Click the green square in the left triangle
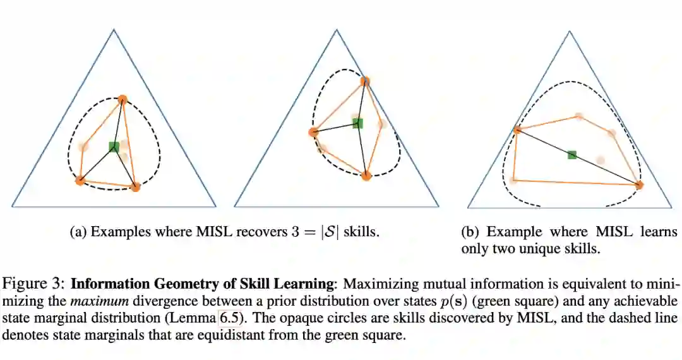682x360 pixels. pyautogui.click(x=114, y=147)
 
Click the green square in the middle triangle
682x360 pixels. pyautogui.click(x=357, y=123)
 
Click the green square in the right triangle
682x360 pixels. pyautogui.click(x=572, y=155)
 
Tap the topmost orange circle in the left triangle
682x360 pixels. pyautogui.click(x=123, y=99)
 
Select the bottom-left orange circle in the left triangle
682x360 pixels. pyautogui.click(x=80, y=181)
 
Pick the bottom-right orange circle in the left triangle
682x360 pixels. pyautogui.click(x=135, y=187)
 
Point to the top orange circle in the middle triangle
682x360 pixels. pyautogui.click(x=365, y=81)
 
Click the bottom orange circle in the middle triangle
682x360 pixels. pyautogui.click(x=366, y=176)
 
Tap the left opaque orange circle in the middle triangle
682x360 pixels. pyautogui.click(x=313, y=132)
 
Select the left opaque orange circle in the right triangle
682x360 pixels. pyautogui.click(x=518, y=129)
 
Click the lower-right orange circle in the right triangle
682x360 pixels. pyautogui.click(x=638, y=185)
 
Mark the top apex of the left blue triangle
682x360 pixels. pyautogui.click(x=114, y=30)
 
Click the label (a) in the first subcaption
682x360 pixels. pyautogui.click(x=80, y=232)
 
